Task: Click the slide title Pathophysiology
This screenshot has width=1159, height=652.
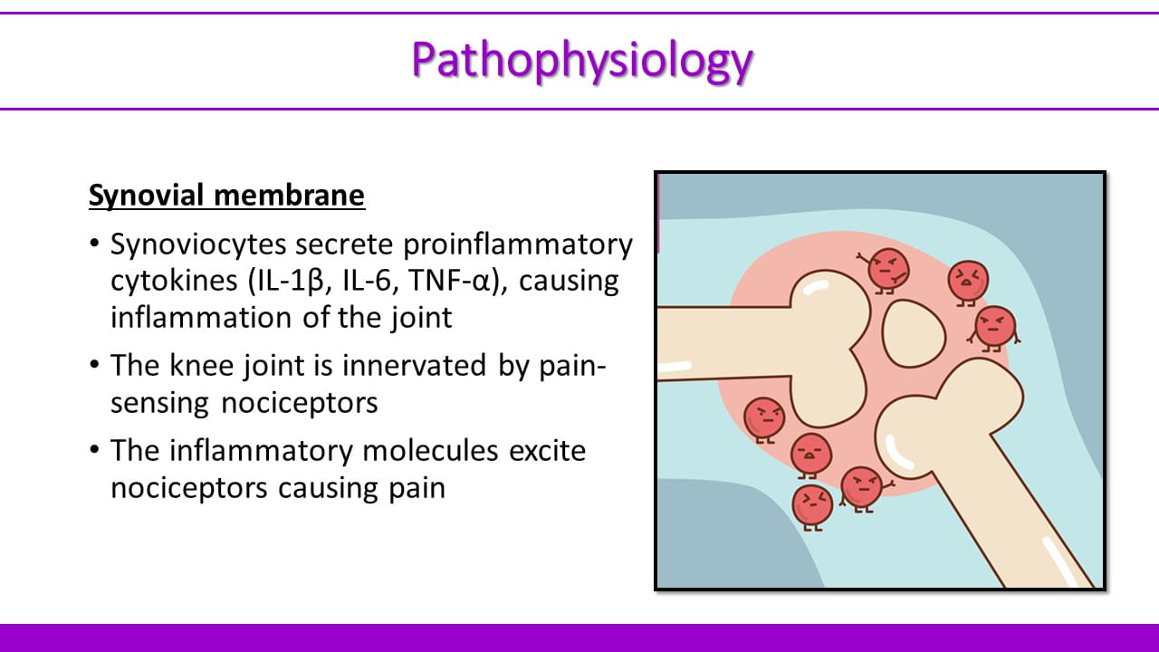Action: (x=581, y=61)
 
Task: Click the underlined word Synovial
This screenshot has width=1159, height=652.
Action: (x=147, y=197)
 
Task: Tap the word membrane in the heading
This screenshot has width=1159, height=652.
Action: (x=289, y=195)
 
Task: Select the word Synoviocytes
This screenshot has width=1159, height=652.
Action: (x=198, y=244)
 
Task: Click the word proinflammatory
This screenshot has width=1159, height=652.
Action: (x=517, y=244)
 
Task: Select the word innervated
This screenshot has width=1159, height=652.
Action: (x=414, y=365)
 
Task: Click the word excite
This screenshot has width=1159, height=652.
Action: (x=548, y=451)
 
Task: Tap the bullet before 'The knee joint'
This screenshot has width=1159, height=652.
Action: (x=94, y=365)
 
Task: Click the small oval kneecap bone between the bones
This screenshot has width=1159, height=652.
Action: (x=914, y=334)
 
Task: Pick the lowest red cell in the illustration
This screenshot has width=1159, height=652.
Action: (x=813, y=507)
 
